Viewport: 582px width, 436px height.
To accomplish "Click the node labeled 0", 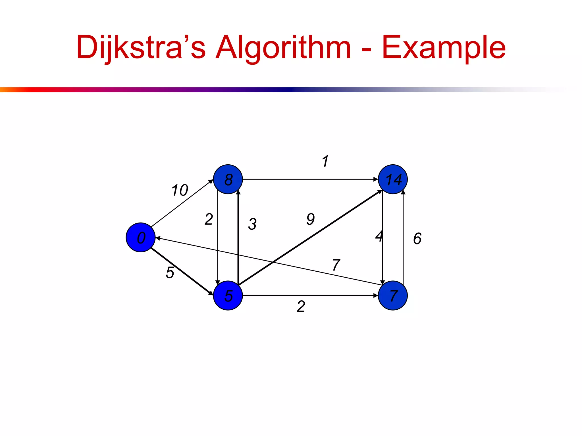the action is tap(140, 237).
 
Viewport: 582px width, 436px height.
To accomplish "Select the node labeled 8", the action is tap(228, 179).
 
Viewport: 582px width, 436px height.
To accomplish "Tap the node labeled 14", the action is tap(393, 179).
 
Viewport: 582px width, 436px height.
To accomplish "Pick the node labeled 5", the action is tap(228, 295).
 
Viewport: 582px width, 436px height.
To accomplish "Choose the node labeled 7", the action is tap(393, 295).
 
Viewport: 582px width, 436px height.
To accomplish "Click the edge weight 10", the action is tap(180, 190).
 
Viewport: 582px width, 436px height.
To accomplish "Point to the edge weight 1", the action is tap(325, 161).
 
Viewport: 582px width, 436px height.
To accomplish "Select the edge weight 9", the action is tap(311, 219).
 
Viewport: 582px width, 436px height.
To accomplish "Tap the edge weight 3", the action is tap(252, 224).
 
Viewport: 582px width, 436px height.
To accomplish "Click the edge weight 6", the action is tap(417, 238).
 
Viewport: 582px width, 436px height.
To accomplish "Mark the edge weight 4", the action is tap(379, 236).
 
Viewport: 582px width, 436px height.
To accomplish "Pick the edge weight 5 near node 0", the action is tap(170, 272).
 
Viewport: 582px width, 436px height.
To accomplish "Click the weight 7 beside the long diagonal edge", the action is tap(336, 265).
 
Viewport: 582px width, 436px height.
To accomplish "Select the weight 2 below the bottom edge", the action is tap(301, 307).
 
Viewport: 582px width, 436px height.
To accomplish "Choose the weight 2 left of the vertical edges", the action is tap(209, 219).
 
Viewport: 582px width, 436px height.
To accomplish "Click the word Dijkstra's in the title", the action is tap(141, 47).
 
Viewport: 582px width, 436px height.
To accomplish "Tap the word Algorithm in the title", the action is tap(283, 47).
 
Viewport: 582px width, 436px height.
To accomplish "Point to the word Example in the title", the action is tap(444, 47).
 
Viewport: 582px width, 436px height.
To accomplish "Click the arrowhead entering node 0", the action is tap(158, 238).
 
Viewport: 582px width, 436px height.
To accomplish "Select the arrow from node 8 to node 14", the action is tap(310, 179).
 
